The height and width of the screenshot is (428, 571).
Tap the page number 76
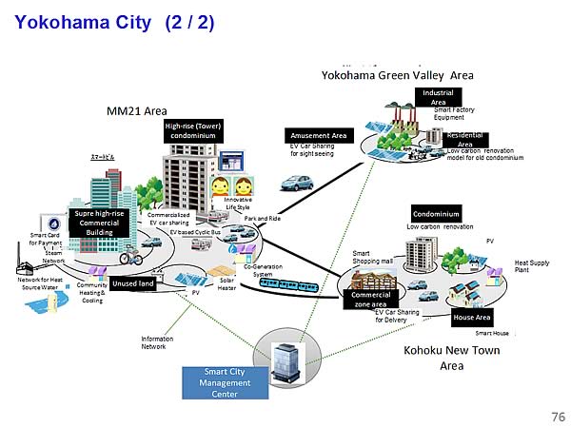(x=558, y=417)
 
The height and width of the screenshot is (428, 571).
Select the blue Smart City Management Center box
(x=227, y=382)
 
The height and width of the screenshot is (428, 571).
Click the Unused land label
(x=132, y=283)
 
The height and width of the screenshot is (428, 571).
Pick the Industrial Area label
(x=438, y=97)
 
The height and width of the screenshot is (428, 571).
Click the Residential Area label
(x=465, y=140)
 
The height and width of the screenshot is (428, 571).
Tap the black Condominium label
(x=436, y=213)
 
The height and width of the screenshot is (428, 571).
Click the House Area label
(x=471, y=317)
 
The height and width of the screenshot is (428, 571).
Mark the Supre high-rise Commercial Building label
(x=99, y=223)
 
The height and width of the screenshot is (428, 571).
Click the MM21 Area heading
(x=137, y=111)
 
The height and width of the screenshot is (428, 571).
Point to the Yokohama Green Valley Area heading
(x=397, y=75)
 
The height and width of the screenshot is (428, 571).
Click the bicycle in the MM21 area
(x=130, y=257)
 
